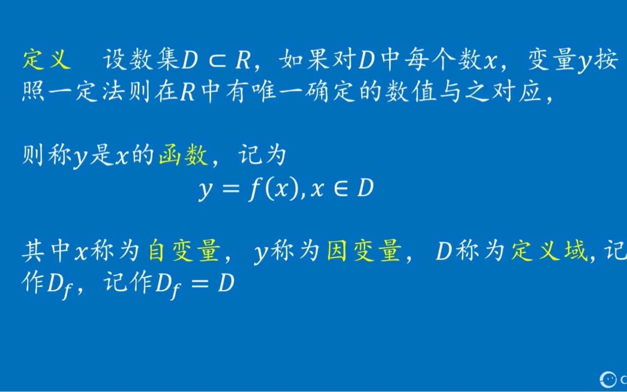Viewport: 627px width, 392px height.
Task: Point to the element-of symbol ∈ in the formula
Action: click(x=340, y=189)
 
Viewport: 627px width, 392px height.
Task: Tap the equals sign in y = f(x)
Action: click(x=230, y=189)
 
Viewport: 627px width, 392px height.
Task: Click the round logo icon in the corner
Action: click(x=608, y=379)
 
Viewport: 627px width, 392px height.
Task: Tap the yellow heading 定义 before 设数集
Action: click(x=46, y=60)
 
